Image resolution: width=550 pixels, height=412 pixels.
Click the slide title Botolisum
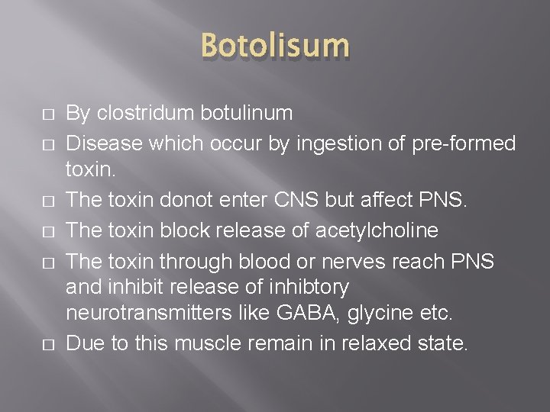tap(275, 47)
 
